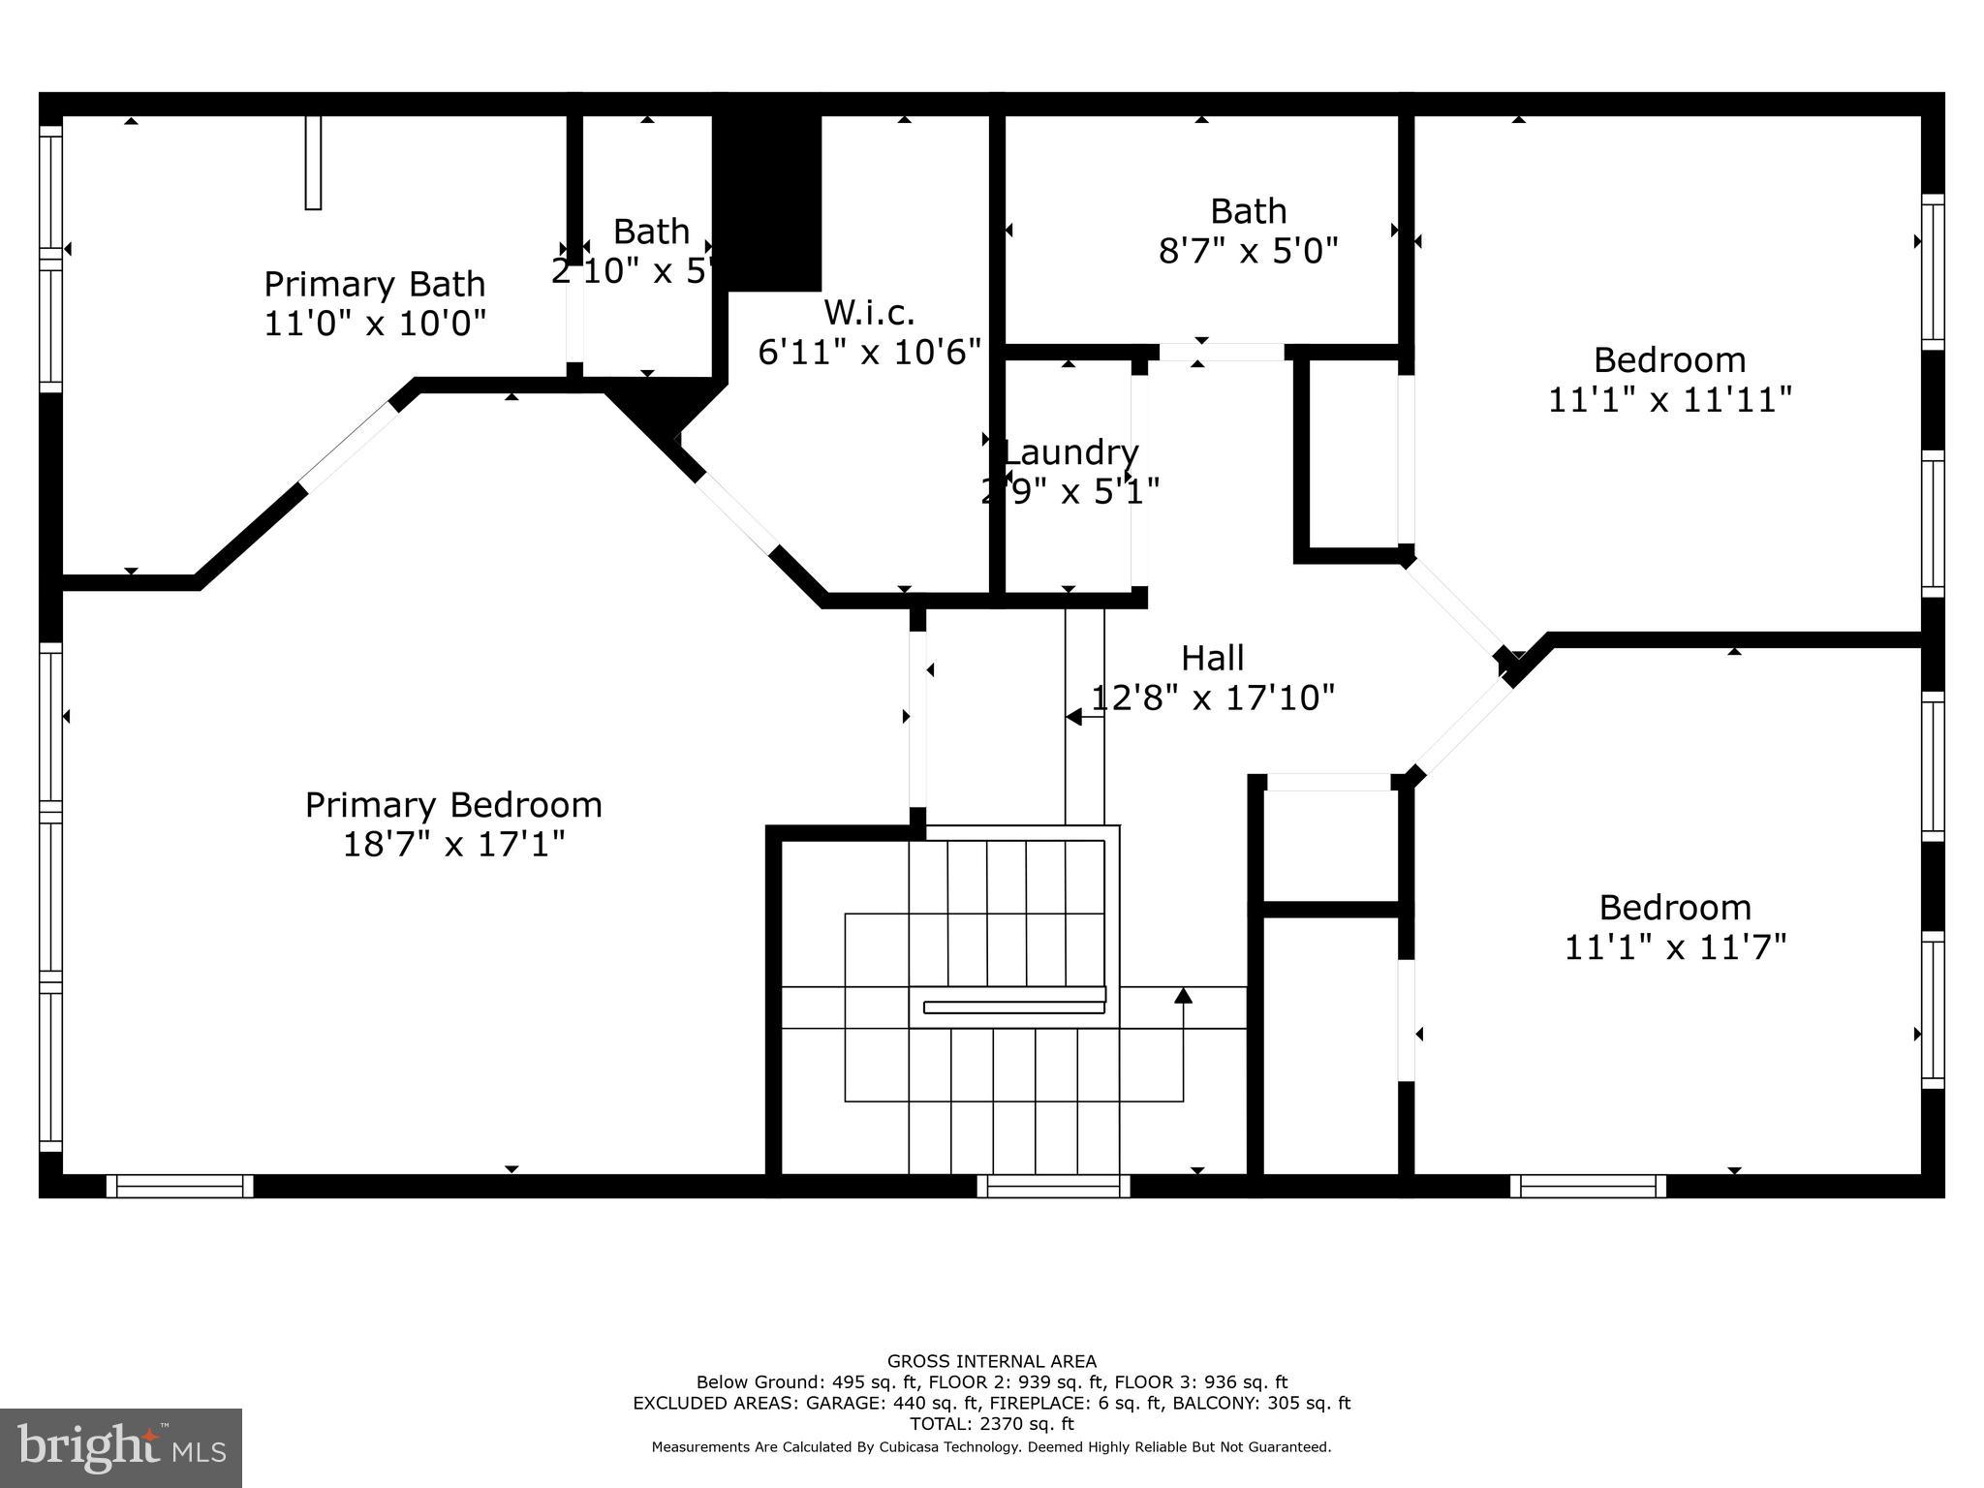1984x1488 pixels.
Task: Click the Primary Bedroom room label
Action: tap(453, 805)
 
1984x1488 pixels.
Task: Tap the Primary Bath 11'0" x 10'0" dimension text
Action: tap(374, 323)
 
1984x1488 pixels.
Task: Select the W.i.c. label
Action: tap(869, 312)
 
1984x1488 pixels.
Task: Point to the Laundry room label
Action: tap(1070, 452)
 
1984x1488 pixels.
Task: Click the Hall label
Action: tap(1212, 659)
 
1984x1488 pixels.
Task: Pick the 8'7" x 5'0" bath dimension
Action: tap(1248, 252)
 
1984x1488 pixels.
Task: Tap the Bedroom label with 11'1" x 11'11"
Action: tap(1669, 360)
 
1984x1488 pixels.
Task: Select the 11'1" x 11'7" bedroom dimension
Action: tap(1675, 946)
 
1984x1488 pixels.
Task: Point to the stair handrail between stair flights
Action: tap(1013, 1007)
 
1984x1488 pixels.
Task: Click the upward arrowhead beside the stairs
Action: tap(1183, 995)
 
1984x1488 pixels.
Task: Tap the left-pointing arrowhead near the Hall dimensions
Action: tap(1073, 717)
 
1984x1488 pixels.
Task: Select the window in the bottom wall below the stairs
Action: tap(1053, 1186)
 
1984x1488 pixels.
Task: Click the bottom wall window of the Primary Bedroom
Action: tap(179, 1186)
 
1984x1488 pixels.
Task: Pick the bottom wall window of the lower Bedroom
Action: tap(1588, 1186)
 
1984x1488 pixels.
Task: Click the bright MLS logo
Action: tap(121, 1448)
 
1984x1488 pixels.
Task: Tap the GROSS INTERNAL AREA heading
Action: tap(991, 1361)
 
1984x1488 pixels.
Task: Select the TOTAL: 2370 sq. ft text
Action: tap(991, 1424)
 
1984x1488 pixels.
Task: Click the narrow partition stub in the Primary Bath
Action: tap(313, 162)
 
